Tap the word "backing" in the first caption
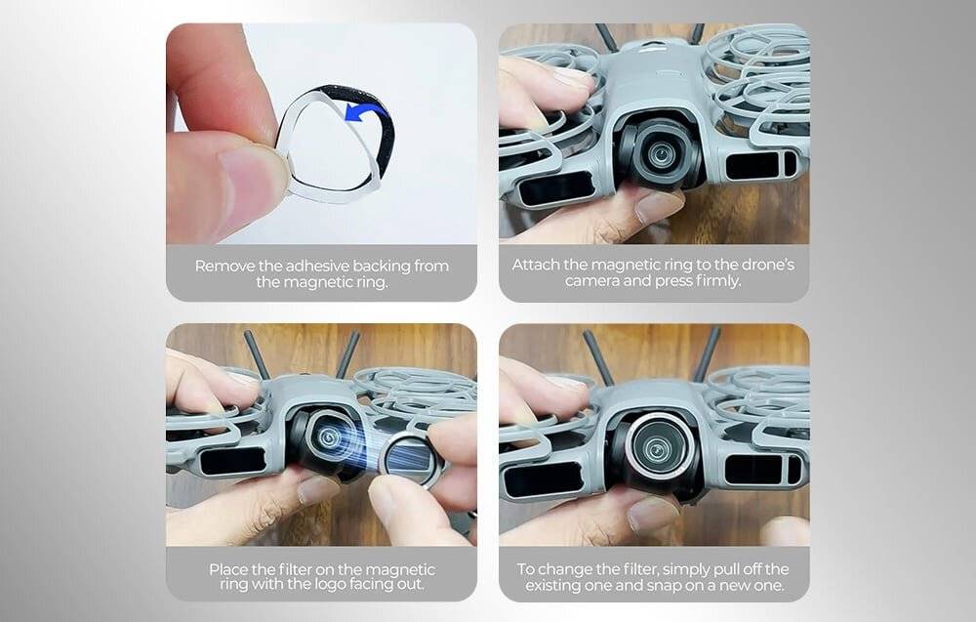[x=381, y=267]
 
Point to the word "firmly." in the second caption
[x=718, y=281]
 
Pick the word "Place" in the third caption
[x=228, y=569]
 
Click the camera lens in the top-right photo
[x=659, y=152]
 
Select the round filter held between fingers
[x=412, y=460]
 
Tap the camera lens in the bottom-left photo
[x=328, y=437]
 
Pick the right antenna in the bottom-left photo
[x=348, y=353]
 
